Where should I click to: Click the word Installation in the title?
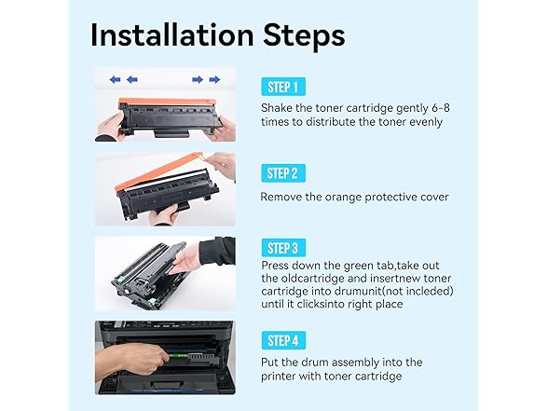[x=171, y=35]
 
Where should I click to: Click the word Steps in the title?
[x=304, y=36]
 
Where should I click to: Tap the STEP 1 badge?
[x=283, y=87]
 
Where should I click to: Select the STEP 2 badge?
[x=283, y=173]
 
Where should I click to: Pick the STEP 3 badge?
[x=283, y=248]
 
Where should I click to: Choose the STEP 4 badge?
[x=283, y=340]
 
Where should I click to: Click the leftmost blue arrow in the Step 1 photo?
[x=115, y=80]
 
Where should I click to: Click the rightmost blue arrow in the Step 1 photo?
[x=214, y=80]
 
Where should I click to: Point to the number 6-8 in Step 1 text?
[x=441, y=108]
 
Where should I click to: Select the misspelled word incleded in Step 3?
[x=427, y=291]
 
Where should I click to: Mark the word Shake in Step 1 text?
[x=277, y=108]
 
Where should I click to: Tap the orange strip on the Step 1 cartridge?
[x=167, y=102]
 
